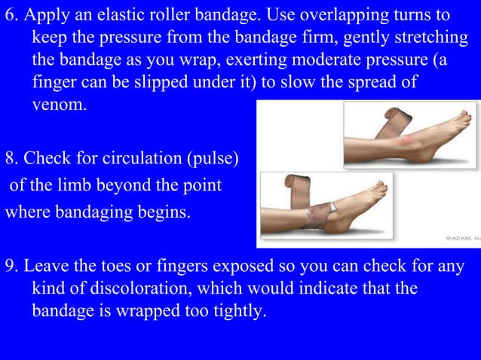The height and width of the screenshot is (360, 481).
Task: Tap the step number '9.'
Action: tap(11, 267)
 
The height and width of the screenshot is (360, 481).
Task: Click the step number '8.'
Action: tap(11, 158)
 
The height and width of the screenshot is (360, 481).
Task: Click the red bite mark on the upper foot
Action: tap(408, 140)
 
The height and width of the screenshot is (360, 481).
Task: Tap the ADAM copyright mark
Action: tap(461, 238)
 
